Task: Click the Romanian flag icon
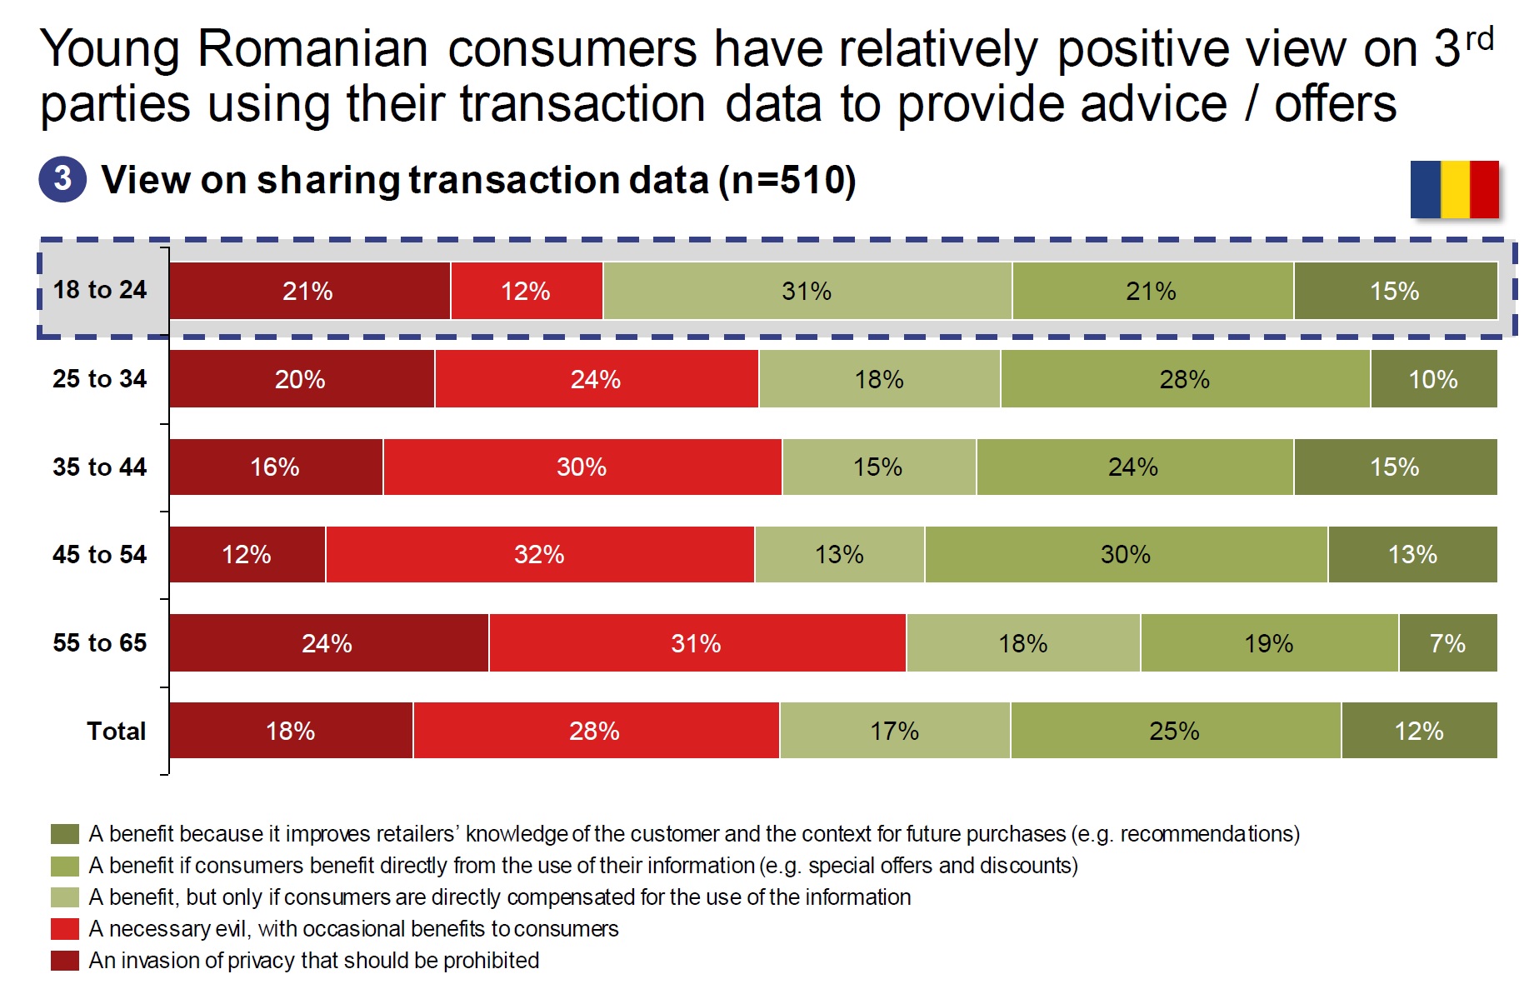[x=1454, y=189]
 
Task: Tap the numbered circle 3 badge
[x=62, y=179]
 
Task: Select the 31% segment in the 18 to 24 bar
[x=807, y=291]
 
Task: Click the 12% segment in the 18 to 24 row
[x=526, y=291]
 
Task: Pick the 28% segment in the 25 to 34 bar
[x=1184, y=379]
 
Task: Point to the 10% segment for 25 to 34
[x=1433, y=379]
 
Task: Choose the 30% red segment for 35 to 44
[x=582, y=467]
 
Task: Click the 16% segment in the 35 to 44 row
[x=275, y=467]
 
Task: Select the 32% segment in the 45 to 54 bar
[x=539, y=554]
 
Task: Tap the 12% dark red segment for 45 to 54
[x=247, y=554]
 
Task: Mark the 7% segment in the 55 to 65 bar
[x=1447, y=642]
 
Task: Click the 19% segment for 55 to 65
[x=1268, y=642]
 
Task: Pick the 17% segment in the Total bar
[x=894, y=731]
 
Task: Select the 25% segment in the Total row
[x=1174, y=731]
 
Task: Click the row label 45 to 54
[x=99, y=554]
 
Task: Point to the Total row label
[x=116, y=731]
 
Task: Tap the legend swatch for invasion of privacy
[x=65, y=961]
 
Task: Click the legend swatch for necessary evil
[x=65, y=929]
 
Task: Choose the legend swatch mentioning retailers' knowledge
[x=65, y=834]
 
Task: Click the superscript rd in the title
[x=1479, y=38]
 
